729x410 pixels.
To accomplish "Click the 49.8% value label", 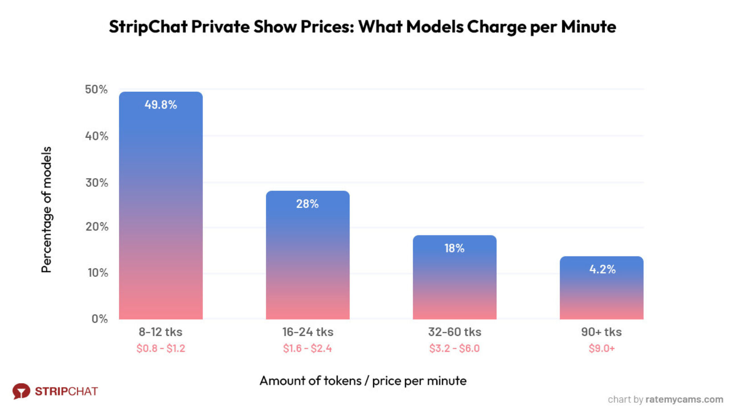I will coord(160,105).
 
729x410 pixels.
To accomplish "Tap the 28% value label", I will coord(307,204).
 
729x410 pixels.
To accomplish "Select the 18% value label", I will coord(454,248).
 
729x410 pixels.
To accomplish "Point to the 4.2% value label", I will coord(602,269).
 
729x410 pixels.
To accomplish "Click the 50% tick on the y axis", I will coord(96,90).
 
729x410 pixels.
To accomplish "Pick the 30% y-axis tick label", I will coord(96,183).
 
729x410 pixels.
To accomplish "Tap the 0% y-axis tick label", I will coord(100,319).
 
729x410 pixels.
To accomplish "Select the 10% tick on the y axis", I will coord(98,273).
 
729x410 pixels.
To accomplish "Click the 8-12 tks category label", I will coord(160,332).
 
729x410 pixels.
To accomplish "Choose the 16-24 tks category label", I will coord(308,332).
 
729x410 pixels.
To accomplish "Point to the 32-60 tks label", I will coord(454,332).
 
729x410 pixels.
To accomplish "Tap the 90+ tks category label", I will coord(601,332).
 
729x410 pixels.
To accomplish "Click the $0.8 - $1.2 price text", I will coord(160,348).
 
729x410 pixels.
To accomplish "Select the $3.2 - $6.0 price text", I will coord(454,348).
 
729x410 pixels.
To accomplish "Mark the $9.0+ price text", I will coord(601,348).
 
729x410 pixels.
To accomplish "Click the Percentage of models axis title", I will coord(46,210).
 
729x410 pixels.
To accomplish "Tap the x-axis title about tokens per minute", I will coord(363,380).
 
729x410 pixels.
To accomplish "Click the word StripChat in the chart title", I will coord(148,27).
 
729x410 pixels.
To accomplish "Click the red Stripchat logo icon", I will coord(21,391).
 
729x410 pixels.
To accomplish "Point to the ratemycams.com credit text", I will coord(684,399).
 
